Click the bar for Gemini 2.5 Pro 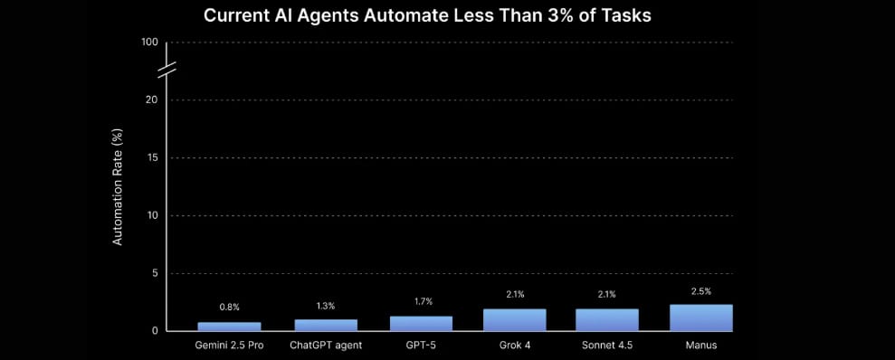[x=229, y=326]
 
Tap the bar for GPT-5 [x=421, y=323]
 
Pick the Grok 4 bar [x=515, y=320]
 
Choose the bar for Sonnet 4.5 [x=607, y=320]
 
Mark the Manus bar [x=701, y=317]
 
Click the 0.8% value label [x=230, y=308]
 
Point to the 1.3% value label [x=324, y=305]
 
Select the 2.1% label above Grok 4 [x=516, y=295]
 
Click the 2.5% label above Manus [x=701, y=291]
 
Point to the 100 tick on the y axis [x=150, y=43]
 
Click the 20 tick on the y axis [x=152, y=99]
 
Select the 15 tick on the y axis [x=152, y=157]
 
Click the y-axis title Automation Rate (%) [x=117, y=186]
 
